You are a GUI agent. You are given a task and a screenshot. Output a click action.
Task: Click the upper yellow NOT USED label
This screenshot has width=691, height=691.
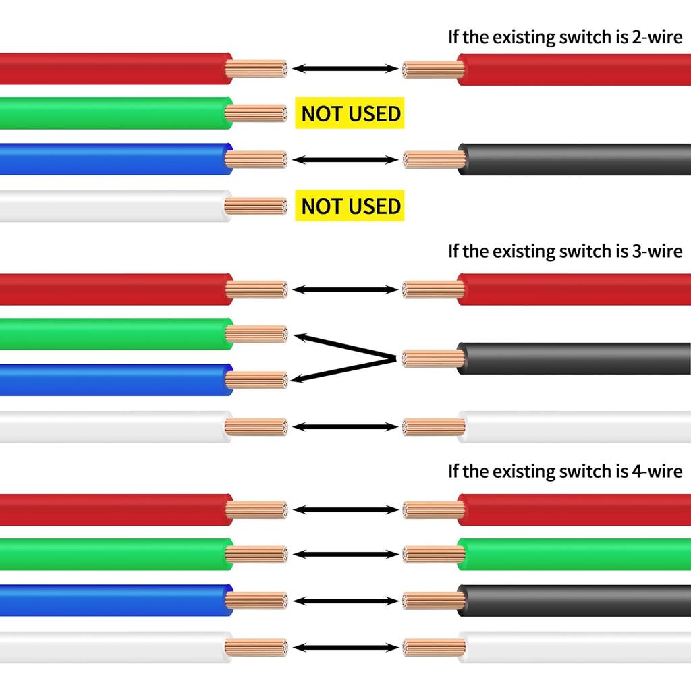[x=350, y=113]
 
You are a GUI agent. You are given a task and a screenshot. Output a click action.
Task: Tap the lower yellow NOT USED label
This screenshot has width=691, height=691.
[x=350, y=206]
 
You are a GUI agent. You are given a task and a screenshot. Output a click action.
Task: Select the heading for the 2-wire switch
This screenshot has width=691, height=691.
[x=565, y=36]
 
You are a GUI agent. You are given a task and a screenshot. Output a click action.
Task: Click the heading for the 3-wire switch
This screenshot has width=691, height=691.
[x=565, y=251]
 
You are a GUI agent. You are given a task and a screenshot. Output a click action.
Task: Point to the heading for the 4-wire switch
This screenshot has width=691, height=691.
[x=565, y=470]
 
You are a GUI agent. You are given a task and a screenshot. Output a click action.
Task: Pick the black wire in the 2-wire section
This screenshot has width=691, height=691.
[x=574, y=160]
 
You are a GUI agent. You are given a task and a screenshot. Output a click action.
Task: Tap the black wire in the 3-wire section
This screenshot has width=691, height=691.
[x=574, y=358]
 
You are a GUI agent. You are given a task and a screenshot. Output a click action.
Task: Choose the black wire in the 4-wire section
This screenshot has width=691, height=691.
[x=574, y=601]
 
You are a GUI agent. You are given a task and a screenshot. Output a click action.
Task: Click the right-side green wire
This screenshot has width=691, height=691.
[x=574, y=555]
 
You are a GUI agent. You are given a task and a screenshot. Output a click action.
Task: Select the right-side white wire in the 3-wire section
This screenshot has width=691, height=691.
[x=574, y=426]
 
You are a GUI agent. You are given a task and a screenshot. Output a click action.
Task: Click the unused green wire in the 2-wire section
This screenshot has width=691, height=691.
[x=115, y=113]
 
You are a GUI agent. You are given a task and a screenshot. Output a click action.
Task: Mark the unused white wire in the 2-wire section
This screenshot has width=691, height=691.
[x=115, y=206]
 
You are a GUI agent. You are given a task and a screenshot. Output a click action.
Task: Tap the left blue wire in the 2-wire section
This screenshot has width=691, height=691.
[x=115, y=160]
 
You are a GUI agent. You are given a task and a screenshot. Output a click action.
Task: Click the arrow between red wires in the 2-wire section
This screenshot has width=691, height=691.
[x=346, y=68]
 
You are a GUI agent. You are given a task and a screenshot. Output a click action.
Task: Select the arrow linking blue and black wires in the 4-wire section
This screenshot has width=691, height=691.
[x=346, y=601]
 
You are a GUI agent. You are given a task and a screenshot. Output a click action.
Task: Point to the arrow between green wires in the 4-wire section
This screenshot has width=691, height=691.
[x=346, y=555]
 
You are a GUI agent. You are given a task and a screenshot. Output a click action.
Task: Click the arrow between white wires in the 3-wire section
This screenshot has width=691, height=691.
[x=346, y=426]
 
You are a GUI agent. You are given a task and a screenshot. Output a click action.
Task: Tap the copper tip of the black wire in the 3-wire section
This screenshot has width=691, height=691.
[x=432, y=358]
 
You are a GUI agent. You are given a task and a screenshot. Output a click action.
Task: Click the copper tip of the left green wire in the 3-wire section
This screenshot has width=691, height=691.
[x=256, y=334]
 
